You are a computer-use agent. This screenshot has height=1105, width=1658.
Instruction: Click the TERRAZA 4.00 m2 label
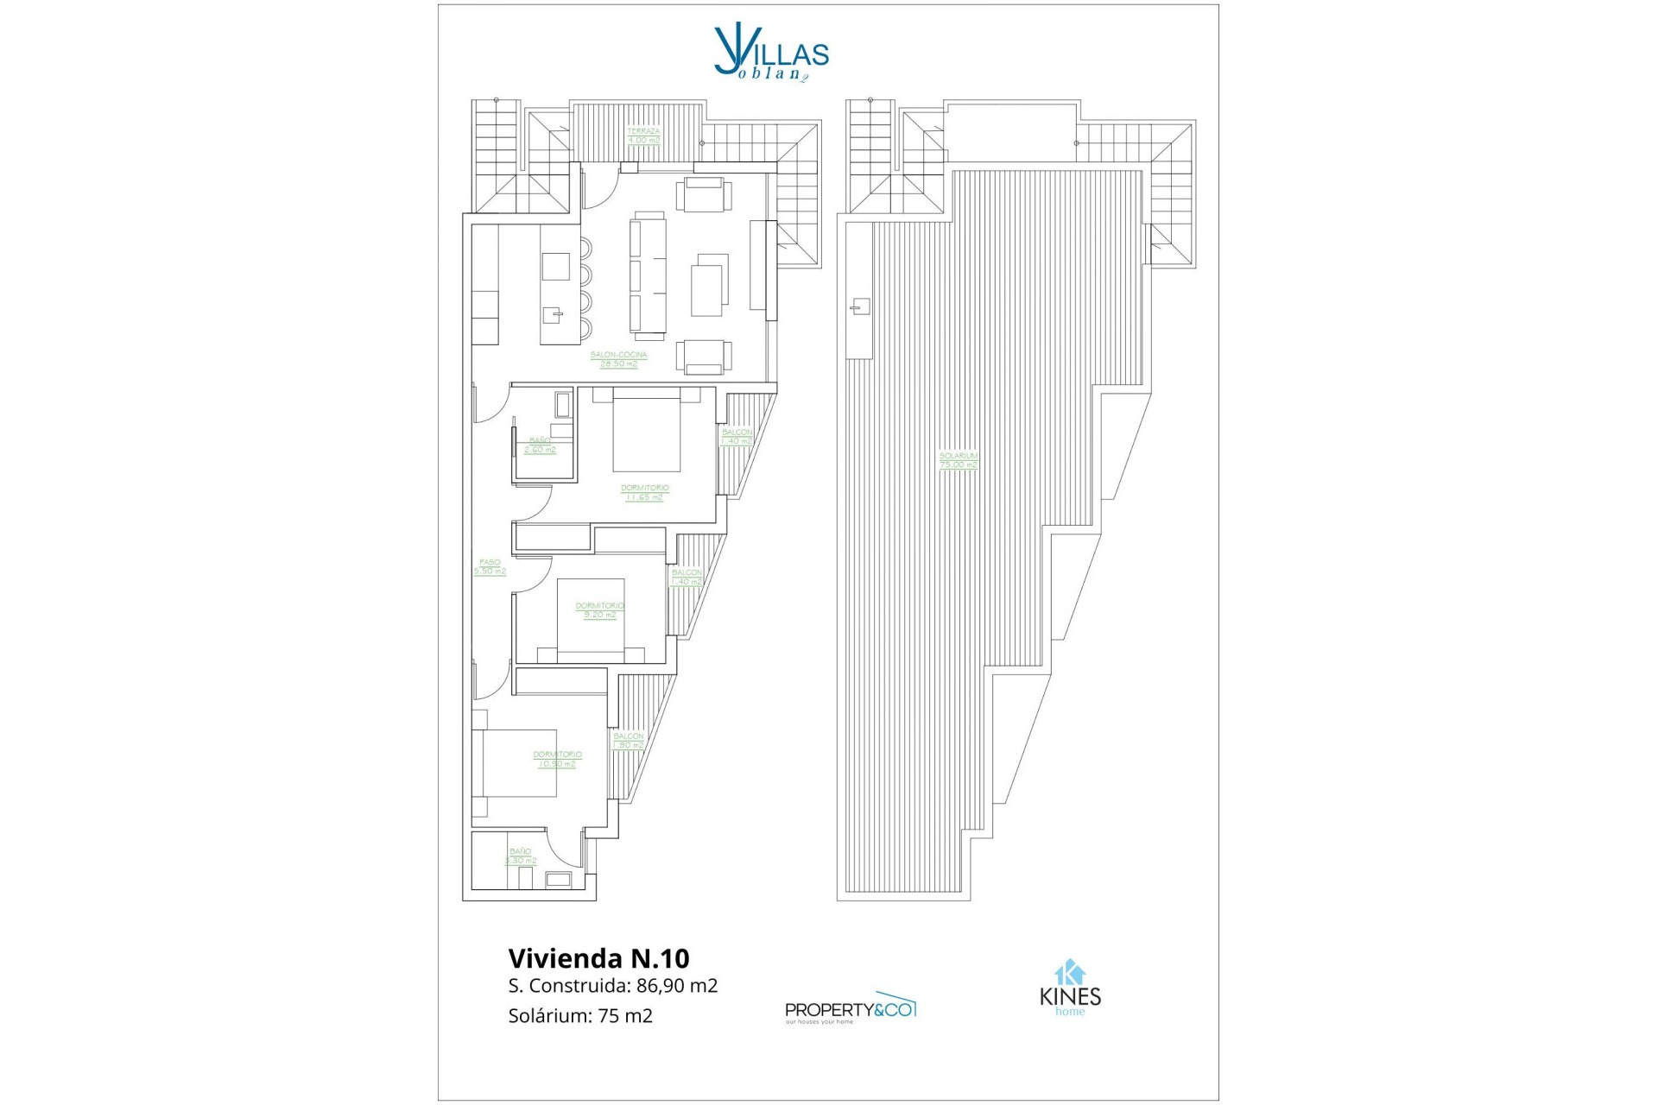pyautogui.click(x=643, y=136)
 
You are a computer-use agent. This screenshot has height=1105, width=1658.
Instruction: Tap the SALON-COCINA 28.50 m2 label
pyautogui.click(x=618, y=359)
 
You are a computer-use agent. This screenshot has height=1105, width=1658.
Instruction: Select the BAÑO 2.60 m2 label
pyautogui.click(x=540, y=445)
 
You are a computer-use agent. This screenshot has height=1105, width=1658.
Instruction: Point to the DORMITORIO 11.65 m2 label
pyautogui.click(x=645, y=493)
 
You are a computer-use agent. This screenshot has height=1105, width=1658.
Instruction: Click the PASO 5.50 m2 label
pyautogui.click(x=490, y=567)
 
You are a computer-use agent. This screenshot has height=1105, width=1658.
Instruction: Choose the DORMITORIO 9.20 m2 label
pyautogui.click(x=599, y=610)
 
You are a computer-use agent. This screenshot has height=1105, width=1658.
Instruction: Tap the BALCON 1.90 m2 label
pyautogui.click(x=628, y=741)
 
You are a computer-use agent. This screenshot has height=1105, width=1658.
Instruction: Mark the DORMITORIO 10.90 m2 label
pyautogui.click(x=557, y=760)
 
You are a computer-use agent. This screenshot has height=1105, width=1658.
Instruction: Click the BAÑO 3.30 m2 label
pyautogui.click(x=521, y=856)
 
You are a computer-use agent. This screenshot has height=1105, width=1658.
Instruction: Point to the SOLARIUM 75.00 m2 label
pyautogui.click(x=959, y=460)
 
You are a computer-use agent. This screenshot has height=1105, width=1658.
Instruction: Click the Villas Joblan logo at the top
pyautogui.click(x=770, y=54)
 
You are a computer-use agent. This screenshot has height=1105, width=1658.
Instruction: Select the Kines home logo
pyautogui.click(x=1070, y=989)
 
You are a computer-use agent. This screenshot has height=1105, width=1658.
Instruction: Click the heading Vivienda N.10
pyautogui.click(x=598, y=958)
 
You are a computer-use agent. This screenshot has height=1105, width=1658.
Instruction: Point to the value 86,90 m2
pyautogui.click(x=677, y=986)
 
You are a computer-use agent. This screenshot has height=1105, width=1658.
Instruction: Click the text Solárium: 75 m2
pyautogui.click(x=580, y=1016)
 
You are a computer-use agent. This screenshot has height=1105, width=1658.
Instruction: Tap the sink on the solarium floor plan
pyautogui.click(x=860, y=306)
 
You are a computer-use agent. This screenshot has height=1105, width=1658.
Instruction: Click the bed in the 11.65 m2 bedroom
pyautogui.click(x=647, y=432)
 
